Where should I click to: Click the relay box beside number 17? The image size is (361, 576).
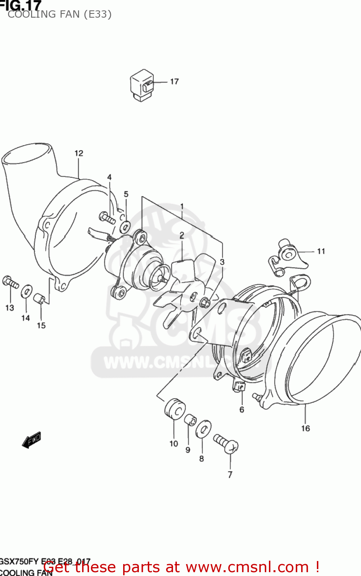tap(142, 86)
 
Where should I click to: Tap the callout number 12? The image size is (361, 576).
tap(79, 153)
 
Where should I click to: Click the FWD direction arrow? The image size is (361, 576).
tap(32, 440)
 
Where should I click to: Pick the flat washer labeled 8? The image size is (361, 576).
tap(203, 429)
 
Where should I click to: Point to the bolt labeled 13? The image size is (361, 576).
tap(10, 282)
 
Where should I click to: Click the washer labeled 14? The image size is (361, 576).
tap(26, 291)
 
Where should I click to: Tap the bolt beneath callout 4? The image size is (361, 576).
tap(107, 218)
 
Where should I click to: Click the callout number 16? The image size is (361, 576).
tap(305, 429)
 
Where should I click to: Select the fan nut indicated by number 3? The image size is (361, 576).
tap(205, 303)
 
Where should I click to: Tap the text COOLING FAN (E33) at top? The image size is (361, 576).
tap(59, 15)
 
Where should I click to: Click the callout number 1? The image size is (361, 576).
tap(182, 206)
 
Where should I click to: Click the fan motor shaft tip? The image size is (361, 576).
tap(165, 280)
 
